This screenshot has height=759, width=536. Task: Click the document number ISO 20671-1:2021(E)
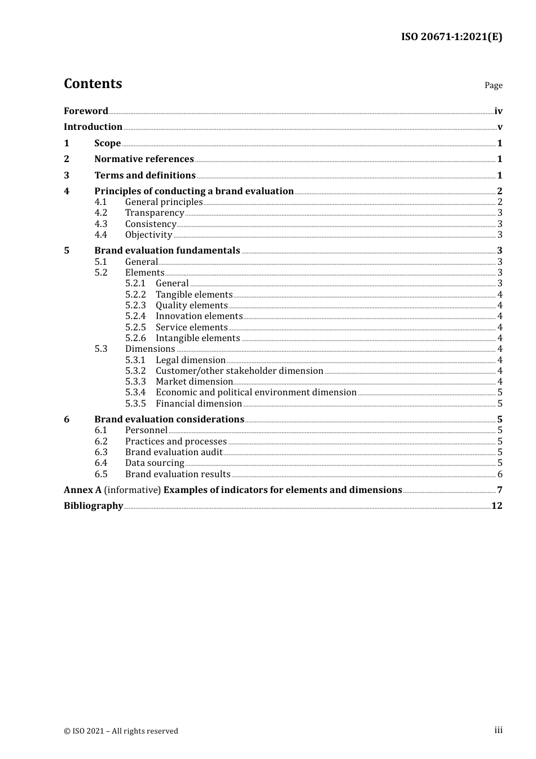click(451, 37)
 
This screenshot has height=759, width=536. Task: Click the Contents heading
click(93, 84)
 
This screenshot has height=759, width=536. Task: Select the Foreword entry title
click(86, 111)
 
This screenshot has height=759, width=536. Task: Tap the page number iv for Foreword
click(498, 111)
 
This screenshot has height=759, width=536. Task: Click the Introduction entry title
click(93, 127)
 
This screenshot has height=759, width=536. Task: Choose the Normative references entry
click(144, 159)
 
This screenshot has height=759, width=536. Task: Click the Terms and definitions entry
click(145, 175)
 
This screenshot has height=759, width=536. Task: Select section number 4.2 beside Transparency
click(101, 213)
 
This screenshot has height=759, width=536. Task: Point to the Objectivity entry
click(148, 235)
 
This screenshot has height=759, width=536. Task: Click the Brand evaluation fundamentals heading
click(167, 250)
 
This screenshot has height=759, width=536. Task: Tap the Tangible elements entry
click(194, 294)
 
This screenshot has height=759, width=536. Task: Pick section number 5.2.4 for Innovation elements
click(135, 316)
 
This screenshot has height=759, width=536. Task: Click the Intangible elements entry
click(197, 338)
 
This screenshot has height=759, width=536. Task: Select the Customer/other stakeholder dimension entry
click(239, 371)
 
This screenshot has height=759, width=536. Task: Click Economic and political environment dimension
click(256, 392)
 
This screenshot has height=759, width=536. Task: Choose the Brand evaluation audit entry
click(174, 452)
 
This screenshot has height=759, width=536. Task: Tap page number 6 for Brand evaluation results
click(500, 474)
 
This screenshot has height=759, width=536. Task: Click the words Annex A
click(82, 490)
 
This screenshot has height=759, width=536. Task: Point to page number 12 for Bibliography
click(497, 505)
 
